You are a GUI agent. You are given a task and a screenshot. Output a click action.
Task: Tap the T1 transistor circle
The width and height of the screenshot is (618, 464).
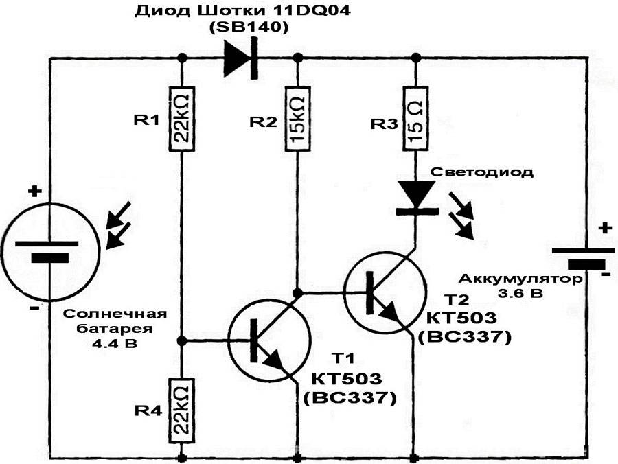coord(268,342)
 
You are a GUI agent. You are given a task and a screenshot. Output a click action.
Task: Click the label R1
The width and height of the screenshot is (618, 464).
coord(147,121)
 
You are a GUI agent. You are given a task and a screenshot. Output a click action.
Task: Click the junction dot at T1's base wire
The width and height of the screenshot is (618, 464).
coord(182,340)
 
